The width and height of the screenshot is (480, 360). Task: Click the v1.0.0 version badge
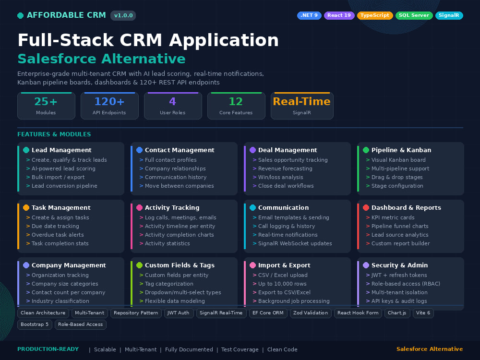123,15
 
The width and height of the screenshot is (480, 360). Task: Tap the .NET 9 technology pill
309,15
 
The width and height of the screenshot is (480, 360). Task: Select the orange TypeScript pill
375,15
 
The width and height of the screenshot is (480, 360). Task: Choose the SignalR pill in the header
449,15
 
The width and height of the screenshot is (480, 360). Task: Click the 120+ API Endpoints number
109,101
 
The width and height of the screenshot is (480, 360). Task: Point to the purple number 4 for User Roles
173,101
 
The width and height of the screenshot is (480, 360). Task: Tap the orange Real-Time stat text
302,101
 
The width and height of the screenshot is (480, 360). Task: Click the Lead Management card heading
61,150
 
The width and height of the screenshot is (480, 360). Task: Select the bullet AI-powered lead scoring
63,168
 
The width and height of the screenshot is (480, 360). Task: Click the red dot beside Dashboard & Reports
366,207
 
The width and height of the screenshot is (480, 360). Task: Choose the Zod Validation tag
311,313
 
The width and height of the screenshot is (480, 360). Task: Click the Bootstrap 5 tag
35,324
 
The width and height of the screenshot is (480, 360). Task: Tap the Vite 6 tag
423,313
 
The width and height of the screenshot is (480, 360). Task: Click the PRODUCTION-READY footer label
48,349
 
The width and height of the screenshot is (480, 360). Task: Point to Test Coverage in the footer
240,349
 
